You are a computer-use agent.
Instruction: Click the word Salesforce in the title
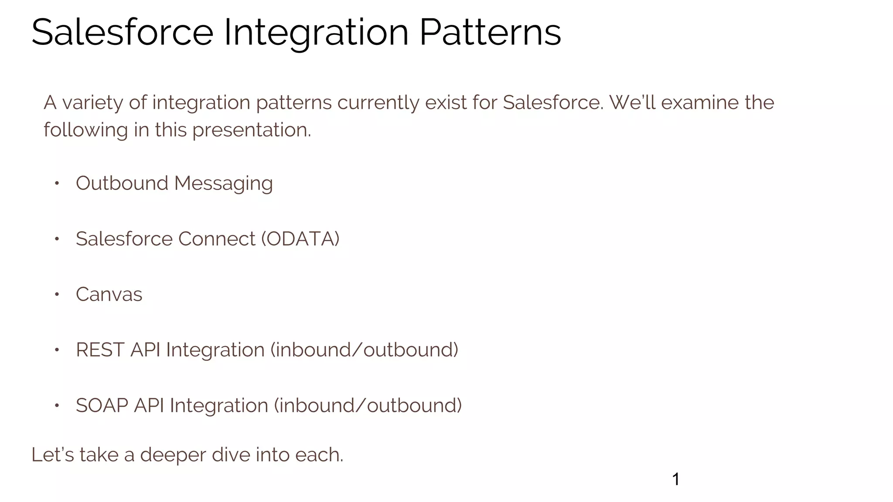coord(122,32)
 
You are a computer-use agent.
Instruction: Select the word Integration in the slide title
coord(316,32)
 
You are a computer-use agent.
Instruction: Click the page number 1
coord(675,479)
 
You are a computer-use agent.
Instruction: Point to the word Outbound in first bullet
coord(122,183)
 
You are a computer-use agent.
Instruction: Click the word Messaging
coord(223,183)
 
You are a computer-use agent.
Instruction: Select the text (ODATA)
coord(300,239)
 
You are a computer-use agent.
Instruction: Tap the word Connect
coord(216,239)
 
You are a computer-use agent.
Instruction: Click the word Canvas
coord(109,295)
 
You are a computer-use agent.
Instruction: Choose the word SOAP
coord(102,406)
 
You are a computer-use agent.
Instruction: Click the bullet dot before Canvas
coord(57,295)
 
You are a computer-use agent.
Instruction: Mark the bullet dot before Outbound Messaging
coord(57,183)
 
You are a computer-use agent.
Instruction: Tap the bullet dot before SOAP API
coord(57,406)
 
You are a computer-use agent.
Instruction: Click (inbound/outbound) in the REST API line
coord(365,350)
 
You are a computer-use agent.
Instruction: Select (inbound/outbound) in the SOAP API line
coord(368,406)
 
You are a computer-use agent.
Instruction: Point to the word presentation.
coord(252,130)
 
